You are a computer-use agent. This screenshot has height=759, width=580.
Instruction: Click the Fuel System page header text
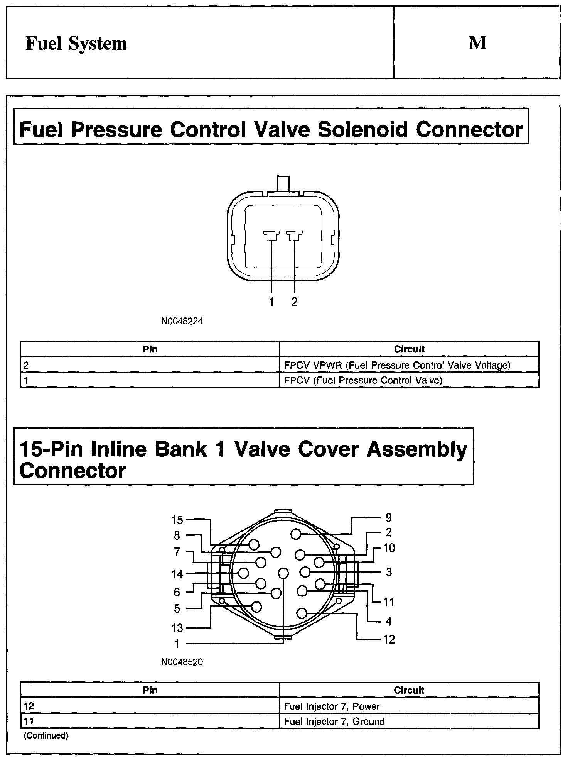76,44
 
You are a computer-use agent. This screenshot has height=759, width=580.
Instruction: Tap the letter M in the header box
477,43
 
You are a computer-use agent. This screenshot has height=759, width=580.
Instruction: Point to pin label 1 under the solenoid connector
271,302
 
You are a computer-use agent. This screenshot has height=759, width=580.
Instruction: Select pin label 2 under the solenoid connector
295,302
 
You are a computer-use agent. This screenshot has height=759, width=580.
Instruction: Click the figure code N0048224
182,321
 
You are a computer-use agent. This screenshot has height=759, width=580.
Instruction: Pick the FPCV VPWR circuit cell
397,365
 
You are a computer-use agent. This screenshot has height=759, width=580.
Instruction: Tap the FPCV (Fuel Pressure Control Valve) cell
363,380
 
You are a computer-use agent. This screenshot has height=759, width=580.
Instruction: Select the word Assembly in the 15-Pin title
417,449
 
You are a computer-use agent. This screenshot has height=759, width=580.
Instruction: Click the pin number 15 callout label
177,520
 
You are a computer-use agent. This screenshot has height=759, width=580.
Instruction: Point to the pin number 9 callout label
389,517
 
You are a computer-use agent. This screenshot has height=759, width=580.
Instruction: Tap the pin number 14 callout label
177,574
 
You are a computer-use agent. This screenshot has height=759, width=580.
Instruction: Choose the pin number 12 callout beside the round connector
389,640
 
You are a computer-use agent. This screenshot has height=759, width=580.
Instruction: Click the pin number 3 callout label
389,572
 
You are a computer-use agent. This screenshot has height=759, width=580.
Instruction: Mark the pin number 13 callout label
177,628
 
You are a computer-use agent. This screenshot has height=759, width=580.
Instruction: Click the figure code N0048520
182,662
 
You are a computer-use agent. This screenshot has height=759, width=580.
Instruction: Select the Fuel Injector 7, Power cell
332,706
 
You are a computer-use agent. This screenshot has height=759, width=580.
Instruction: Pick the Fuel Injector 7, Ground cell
334,722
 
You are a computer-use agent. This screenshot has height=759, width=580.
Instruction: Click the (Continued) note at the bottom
46,735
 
